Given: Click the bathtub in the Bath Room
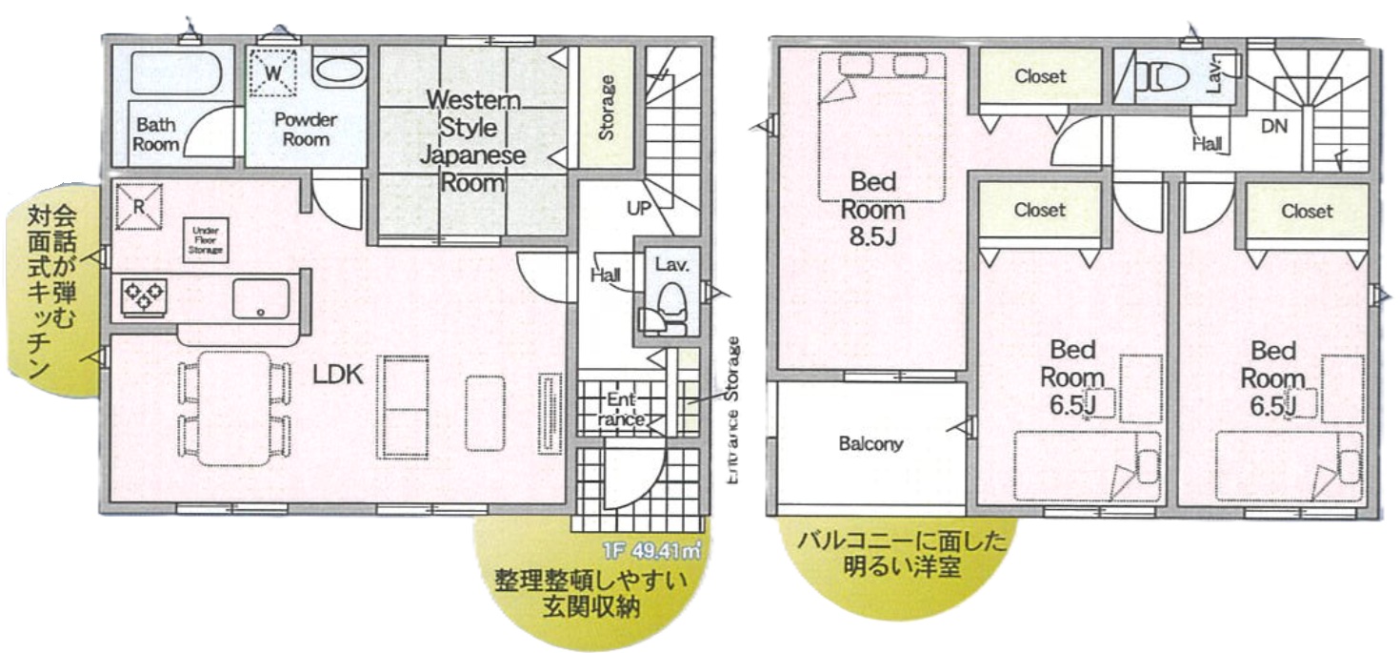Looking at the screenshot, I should coord(176,72).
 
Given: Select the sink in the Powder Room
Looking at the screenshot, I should coord(338,71).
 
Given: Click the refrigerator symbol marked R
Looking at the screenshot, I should coord(138,206).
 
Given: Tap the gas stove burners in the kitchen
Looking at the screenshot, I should coord(144,296).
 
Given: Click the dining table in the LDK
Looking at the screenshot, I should coord(234,408).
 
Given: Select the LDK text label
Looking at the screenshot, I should coord(338,375).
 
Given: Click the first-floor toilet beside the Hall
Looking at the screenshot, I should coord(671,303).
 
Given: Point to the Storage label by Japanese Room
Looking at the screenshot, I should coord(606,107).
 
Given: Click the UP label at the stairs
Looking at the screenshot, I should coord(638,207).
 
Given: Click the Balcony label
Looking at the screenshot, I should coord(870,443).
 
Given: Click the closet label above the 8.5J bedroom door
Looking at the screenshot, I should coord(1039,76).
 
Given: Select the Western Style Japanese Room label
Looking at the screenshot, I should coord(473,140).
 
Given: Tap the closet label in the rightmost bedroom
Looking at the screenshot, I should coord(1307,211).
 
